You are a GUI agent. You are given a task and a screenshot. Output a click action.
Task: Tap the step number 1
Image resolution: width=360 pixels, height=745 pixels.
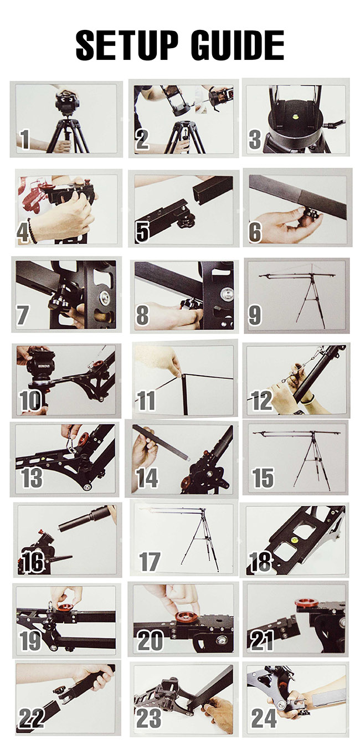click(x=24, y=140)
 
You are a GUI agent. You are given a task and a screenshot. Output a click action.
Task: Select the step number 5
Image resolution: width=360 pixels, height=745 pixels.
click(x=142, y=232)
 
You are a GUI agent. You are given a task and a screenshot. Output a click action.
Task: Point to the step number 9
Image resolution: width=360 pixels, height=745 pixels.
click(x=255, y=315)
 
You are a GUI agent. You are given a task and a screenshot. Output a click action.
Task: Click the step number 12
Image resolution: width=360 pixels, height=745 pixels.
click(x=262, y=400)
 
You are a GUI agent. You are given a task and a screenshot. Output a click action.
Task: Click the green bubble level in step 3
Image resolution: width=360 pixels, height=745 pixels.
click(x=295, y=117)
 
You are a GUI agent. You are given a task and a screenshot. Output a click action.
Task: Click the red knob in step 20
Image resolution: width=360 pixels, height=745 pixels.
click(x=186, y=616)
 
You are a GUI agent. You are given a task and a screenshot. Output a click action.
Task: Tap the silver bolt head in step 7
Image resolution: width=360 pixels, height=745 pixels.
click(x=106, y=296)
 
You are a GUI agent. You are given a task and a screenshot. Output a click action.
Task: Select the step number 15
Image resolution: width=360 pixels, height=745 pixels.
click(x=263, y=478)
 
